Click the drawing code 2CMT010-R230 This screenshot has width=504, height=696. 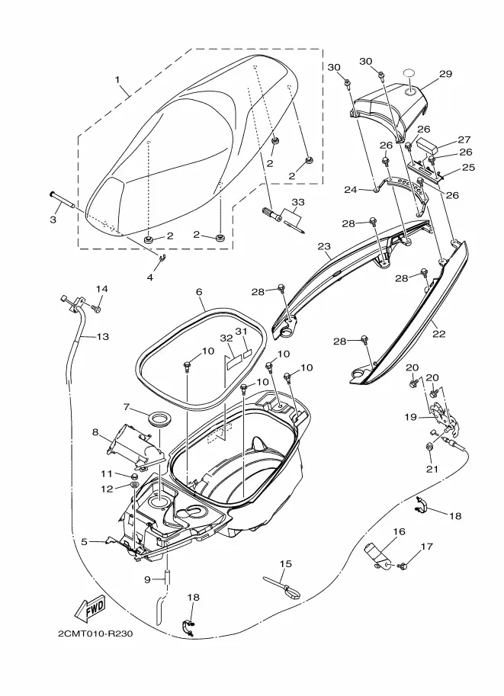pos(95,633)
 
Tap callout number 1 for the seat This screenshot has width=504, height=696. pos(117,80)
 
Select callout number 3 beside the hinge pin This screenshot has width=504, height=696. pos(53,220)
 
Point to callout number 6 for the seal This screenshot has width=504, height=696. pos(199,292)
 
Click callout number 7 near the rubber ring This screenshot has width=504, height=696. pos(127,407)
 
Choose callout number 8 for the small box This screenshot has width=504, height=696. pos(95,431)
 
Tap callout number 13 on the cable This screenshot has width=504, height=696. pos(103,336)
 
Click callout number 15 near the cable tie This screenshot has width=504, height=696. pos(286,563)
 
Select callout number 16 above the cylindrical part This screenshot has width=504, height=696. pos(400,531)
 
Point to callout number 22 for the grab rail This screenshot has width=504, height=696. pos(438,333)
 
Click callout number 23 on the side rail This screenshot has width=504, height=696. pos(325,246)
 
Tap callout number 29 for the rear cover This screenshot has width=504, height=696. pos(445,74)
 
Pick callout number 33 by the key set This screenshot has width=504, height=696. pos(298,203)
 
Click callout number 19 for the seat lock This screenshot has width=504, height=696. pos(411,417)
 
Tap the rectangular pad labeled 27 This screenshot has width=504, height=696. pos(428,144)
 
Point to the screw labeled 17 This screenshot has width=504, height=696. pos(404,566)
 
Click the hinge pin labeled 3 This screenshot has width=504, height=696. pos(63,201)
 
